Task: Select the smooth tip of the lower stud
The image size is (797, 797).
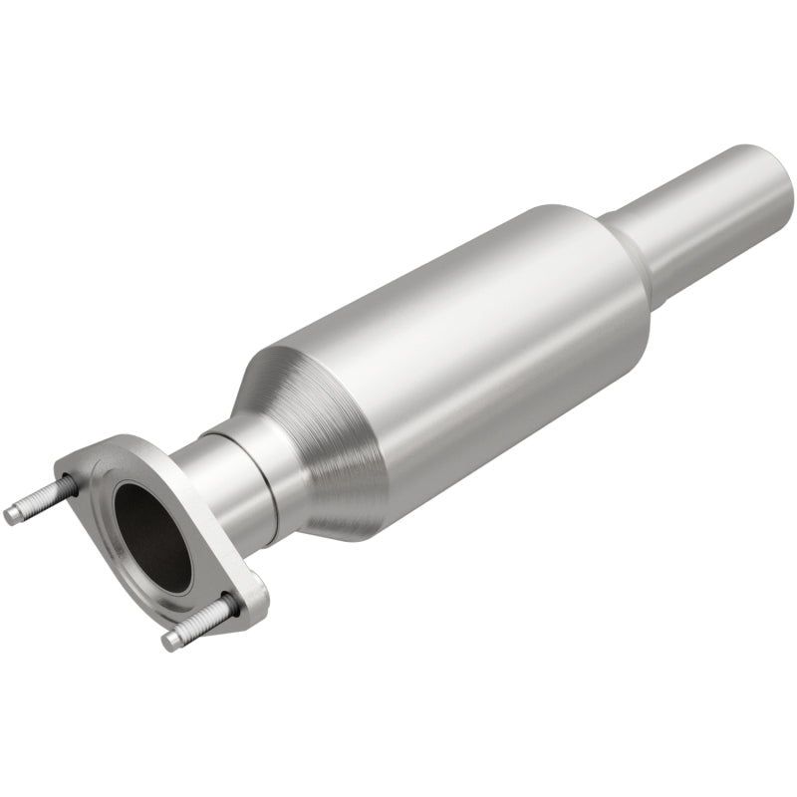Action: [170, 641]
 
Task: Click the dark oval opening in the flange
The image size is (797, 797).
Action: [151, 535]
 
